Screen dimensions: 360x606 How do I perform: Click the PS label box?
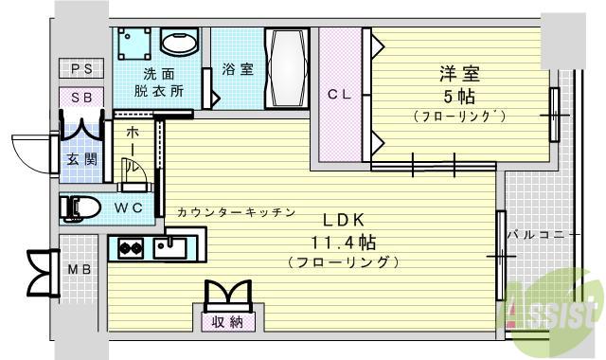81,68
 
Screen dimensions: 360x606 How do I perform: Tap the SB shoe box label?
81,97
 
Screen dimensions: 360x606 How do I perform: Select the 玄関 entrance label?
80,159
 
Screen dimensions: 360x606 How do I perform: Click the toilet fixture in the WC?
79,207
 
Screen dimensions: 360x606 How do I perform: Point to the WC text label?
130,207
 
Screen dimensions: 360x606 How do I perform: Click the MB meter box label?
80,268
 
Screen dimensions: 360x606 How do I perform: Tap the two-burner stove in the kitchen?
131,250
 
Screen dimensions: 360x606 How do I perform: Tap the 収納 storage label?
226,323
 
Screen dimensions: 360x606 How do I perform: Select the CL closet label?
340,94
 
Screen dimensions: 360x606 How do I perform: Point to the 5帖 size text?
458,96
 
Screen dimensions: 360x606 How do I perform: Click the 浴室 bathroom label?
238,70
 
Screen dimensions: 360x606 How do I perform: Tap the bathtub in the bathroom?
287,70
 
